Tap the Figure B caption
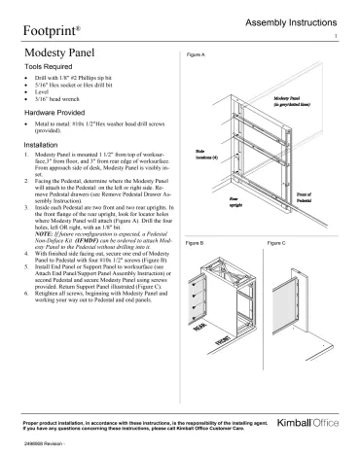point(194,241)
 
